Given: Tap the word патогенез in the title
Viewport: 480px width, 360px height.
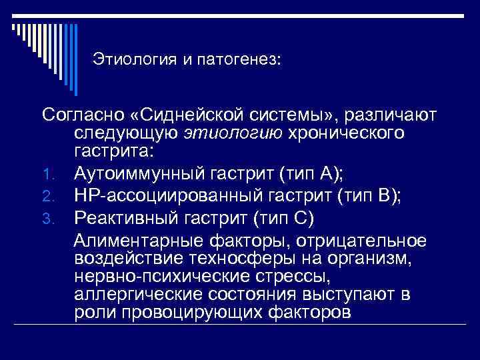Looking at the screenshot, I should tap(239, 60).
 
